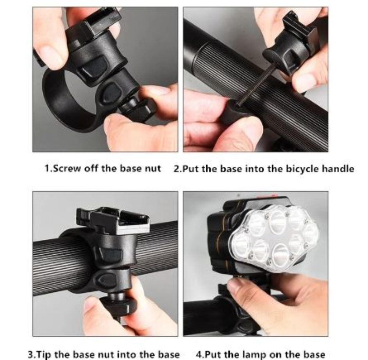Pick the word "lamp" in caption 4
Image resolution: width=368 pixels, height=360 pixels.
[x=256, y=354]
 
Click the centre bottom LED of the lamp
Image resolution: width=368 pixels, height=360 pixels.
[x=280, y=254]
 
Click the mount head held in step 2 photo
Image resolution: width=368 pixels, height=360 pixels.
[x=291, y=48]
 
